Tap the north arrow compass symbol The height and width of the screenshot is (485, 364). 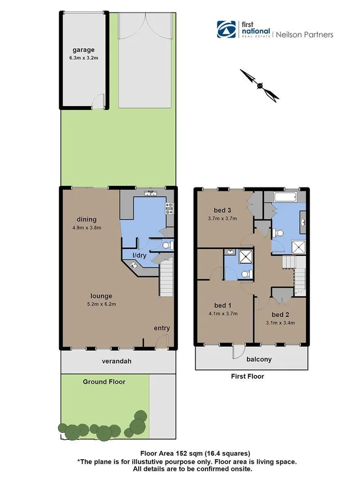click(x=260, y=85)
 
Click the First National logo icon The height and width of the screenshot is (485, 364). click(x=225, y=29)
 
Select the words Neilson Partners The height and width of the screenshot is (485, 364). click(x=305, y=34)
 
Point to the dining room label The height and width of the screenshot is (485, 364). click(x=86, y=219)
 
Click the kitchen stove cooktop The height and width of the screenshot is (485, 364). click(x=170, y=205)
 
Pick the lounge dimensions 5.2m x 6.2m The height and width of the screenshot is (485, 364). click(x=101, y=304)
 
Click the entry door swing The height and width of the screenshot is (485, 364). click(x=161, y=341)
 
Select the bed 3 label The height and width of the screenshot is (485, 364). click(x=222, y=210)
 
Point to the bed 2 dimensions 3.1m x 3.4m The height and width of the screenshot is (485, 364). click(x=280, y=323)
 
